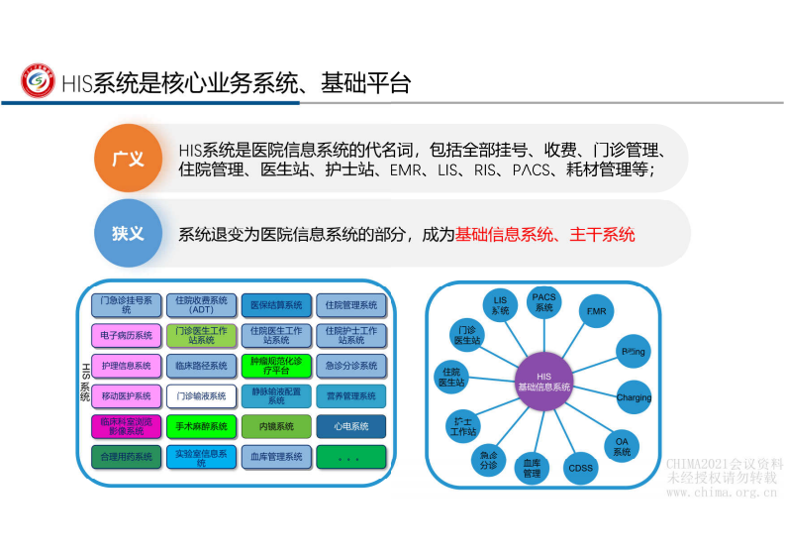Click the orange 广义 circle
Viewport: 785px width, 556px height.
(128, 159)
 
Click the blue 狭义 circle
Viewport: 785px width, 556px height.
(128, 234)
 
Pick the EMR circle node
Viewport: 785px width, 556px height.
(596, 312)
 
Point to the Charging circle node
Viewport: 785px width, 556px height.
(634, 398)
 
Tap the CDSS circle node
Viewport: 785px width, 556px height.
(580, 468)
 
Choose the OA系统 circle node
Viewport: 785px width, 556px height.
(622, 446)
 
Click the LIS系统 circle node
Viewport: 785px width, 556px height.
(500, 305)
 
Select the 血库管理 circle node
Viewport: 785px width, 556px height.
(532, 468)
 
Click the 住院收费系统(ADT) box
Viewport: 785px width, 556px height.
(201, 304)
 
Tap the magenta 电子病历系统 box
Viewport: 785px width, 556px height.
(126, 335)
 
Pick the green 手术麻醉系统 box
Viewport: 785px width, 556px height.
(201, 426)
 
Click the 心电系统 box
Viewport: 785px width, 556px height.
(351, 426)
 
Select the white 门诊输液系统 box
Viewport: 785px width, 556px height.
(201, 395)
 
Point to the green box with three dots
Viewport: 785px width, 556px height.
(351, 457)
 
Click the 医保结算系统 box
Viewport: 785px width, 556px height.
(276, 304)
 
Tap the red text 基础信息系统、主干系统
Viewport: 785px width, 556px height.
(545, 235)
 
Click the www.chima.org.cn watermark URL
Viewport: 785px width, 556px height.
(721, 492)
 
